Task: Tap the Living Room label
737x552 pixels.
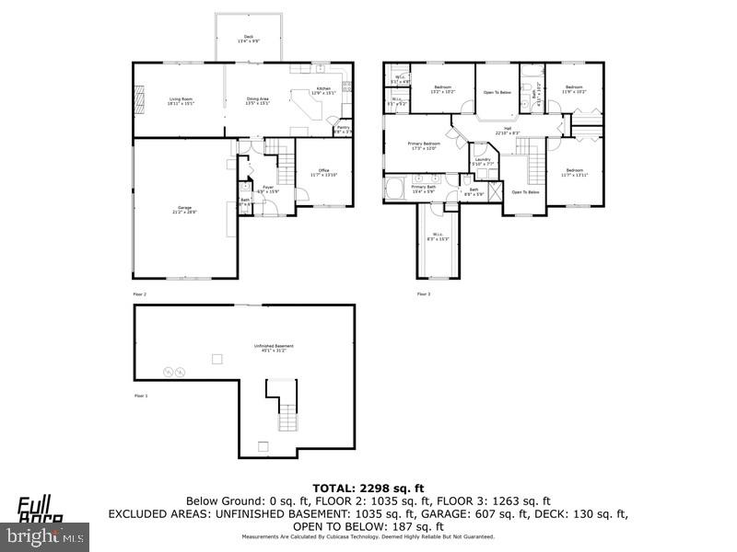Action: tap(180, 100)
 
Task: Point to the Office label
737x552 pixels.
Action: tap(323, 171)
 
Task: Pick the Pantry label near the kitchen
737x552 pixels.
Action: tap(342, 130)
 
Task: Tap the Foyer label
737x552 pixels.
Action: tap(268, 189)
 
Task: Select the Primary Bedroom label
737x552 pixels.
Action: tap(425, 145)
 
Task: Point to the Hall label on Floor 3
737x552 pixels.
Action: tap(507, 130)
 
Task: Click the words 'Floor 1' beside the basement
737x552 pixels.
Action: tap(140, 395)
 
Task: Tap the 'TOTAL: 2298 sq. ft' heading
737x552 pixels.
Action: tap(368, 487)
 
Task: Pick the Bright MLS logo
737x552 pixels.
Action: tap(45, 533)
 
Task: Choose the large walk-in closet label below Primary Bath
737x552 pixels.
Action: tap(438, 236)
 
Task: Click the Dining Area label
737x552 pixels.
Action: tap(257, 100)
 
